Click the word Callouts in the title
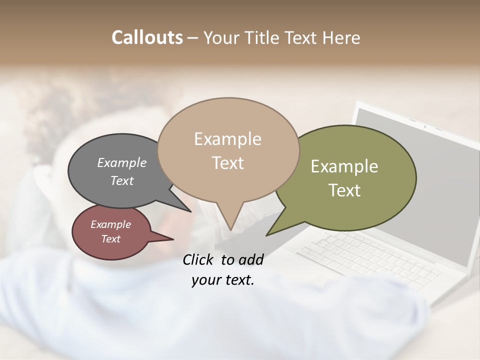(x=147, y=37)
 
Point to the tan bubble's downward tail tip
(x=230, y=230)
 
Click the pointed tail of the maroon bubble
(x=172, y=239)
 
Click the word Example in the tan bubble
(x=227, y=139)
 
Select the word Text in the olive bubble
(x=344, y=190)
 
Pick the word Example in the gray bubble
(x=122, y=162)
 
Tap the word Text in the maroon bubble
(x=111, y=239)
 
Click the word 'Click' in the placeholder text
(x=198, y=259)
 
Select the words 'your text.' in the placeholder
(x=223, y=280)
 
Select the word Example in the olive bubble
(x=344, y=166)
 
